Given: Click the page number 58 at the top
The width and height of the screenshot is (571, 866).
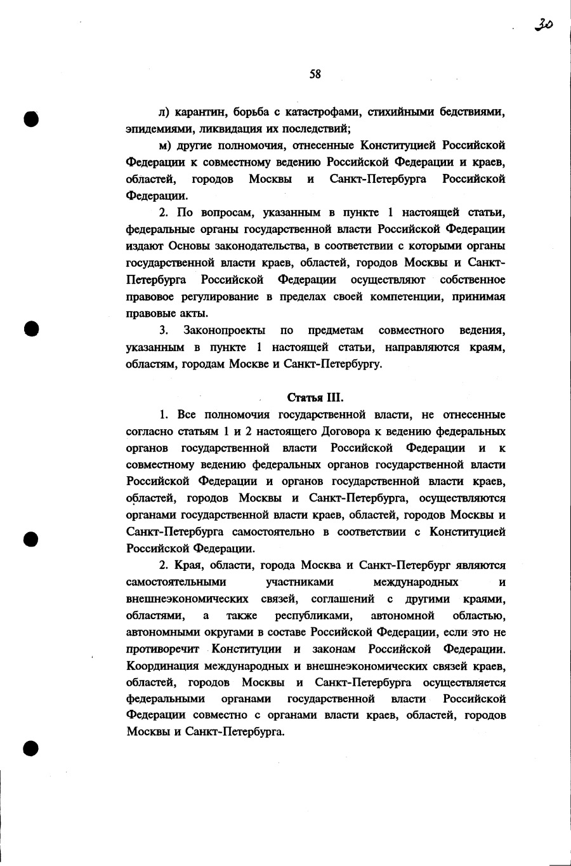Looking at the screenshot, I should pos(315,74).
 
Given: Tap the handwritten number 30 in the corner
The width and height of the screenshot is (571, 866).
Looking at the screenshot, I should pos(543,25).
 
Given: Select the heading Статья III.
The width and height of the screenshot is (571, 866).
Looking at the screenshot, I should pos(315,398).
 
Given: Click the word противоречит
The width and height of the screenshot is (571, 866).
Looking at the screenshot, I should pos(162,649).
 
